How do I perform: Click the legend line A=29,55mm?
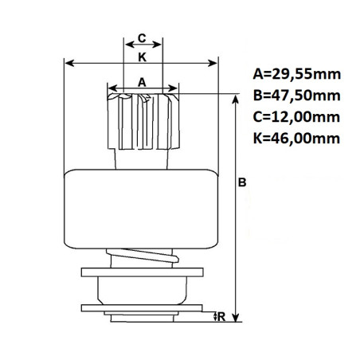(x=296, y=76)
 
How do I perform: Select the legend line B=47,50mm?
(x=296, y=96)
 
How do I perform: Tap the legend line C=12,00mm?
(x=296, y=117)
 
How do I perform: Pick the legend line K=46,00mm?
(x=296, y=138)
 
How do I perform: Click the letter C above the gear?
(x=141, y=38)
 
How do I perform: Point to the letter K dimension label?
(x=142, y=57)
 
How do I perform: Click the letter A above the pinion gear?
(x=142, y=81)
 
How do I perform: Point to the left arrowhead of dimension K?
(x=68, y=63)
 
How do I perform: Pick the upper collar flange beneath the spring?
(x=142, y=273)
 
